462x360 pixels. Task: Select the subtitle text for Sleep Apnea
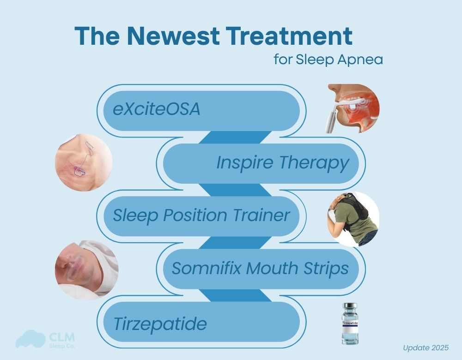click(x=328, y=60)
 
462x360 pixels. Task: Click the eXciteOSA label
click(x=157, y=110)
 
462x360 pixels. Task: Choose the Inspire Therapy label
click(x=282, y=163)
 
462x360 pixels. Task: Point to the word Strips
click(x=322, y=268)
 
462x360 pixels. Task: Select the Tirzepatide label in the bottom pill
click(x=160, y=324)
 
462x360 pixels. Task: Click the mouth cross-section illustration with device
click(x=353, y=109)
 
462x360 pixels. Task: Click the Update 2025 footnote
click(x=425, y=347)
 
